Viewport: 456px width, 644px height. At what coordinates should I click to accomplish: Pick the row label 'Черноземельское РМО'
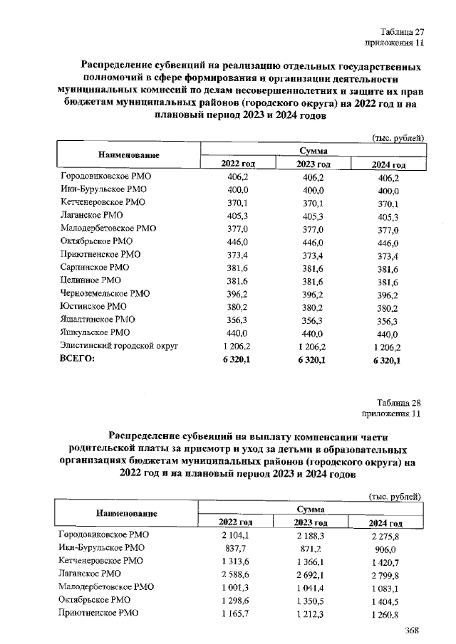point(105,292)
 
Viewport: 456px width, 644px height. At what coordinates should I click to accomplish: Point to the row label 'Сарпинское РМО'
point(95,266)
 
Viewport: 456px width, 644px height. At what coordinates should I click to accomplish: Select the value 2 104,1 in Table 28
point(233,534)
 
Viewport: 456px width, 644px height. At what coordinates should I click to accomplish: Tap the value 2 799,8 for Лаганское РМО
point(385,574)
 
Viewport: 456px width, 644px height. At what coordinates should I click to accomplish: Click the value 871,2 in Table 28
point(309,547)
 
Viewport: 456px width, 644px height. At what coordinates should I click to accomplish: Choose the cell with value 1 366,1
point(309,561)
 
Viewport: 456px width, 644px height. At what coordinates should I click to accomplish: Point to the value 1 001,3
point(233,587)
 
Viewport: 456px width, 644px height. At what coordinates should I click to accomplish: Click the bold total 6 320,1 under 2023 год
point(309,360)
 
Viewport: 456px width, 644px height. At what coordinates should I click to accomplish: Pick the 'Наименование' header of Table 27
point(124,155)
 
